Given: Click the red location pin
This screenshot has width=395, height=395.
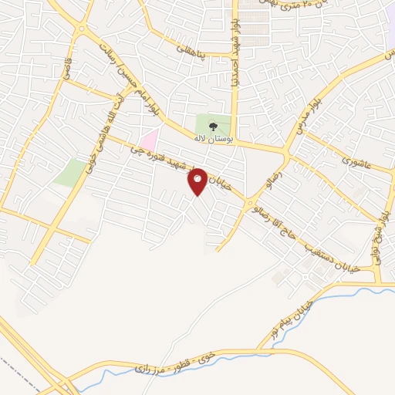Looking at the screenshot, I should click(198, 181).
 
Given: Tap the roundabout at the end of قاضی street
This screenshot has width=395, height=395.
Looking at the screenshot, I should click(82, 30).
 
